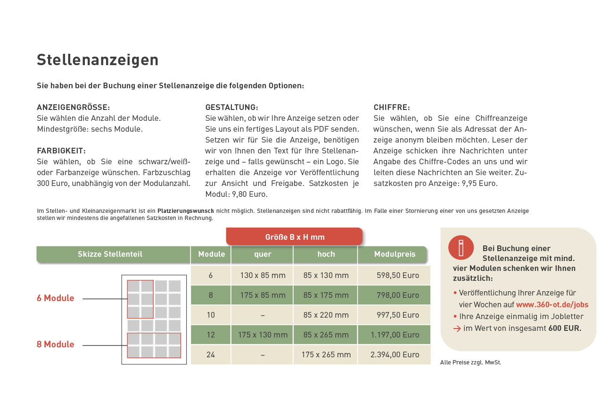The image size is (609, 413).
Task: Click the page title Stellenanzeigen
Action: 98,60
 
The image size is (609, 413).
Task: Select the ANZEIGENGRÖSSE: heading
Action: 73,107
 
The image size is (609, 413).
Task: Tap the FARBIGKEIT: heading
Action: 61,151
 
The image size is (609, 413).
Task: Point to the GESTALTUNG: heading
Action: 231,107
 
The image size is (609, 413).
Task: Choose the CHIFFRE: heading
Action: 392,107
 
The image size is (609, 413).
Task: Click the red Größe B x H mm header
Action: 295,237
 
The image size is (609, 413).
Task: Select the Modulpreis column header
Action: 395,254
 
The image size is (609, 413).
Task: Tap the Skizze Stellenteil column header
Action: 110,254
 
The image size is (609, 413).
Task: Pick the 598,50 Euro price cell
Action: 397,275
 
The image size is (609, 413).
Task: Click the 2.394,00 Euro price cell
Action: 395,354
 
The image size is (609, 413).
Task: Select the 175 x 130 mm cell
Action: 263,335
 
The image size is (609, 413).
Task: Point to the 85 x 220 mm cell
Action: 326,315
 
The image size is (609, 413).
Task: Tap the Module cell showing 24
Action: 211,354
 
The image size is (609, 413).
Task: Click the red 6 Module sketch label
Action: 56,298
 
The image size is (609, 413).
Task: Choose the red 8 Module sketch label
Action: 56,344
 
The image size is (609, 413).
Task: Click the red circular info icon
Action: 461,247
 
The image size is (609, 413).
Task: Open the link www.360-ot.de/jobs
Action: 552,304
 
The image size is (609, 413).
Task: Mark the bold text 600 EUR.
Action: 565,328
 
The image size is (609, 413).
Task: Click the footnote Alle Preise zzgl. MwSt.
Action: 470,362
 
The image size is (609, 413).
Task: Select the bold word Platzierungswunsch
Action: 185,211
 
